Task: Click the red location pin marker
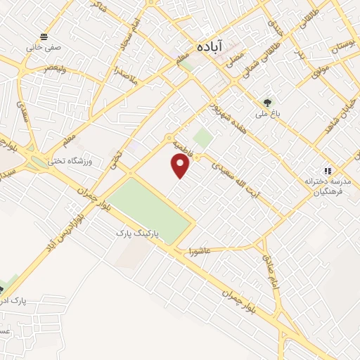pos(181,166)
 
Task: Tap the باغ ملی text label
pos(266,112)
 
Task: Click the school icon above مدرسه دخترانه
pos(327,171)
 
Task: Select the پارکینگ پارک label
pos(138,231)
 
